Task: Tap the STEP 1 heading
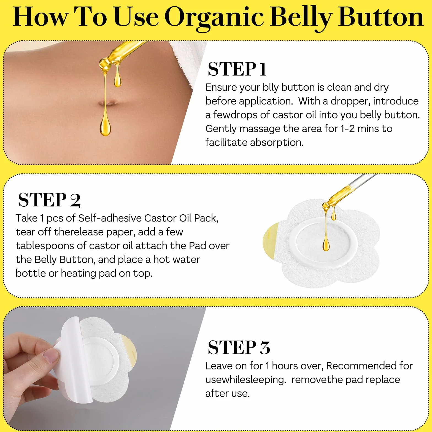(237, 69)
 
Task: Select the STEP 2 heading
(49, 200)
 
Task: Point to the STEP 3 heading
(239, 347)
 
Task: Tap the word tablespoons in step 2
(45, 246)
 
